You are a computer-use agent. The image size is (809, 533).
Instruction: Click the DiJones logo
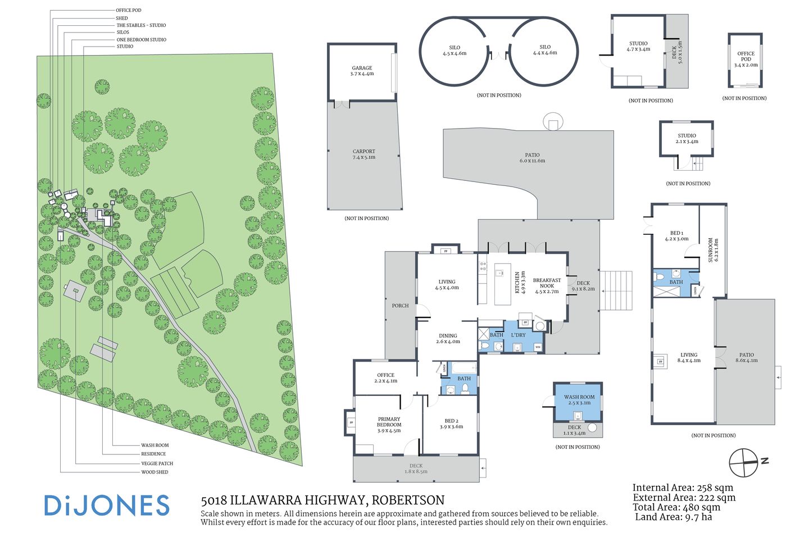tap(107, 505)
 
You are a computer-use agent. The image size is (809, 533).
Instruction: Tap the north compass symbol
tap(744, 463)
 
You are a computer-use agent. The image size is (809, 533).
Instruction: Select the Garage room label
tap(362, 71)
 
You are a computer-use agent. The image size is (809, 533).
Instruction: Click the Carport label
tap(364, 154)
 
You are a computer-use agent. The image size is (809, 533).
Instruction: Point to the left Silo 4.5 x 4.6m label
tap(455, 51)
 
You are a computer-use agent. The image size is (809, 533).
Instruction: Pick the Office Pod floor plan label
tap(746, 59)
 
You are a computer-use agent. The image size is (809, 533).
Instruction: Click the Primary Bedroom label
tap(389, 425)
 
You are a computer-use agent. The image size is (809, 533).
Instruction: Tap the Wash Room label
tap(579, 399)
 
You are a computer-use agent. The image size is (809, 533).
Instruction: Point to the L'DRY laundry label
tap(518, 335)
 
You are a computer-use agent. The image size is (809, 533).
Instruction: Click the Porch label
tap(400, 306)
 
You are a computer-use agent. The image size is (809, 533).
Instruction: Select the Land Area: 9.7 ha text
tap(673, 517)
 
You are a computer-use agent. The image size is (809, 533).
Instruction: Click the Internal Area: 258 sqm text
tap(683, 488)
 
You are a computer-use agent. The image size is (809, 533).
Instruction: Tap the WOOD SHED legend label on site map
tap(154, 472)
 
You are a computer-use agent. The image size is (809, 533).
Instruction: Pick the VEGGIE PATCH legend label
tap(157, 463)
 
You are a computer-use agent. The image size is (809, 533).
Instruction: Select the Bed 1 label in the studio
tap(676, 236)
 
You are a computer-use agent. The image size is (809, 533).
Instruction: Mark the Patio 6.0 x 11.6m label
tap(532, 158)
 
